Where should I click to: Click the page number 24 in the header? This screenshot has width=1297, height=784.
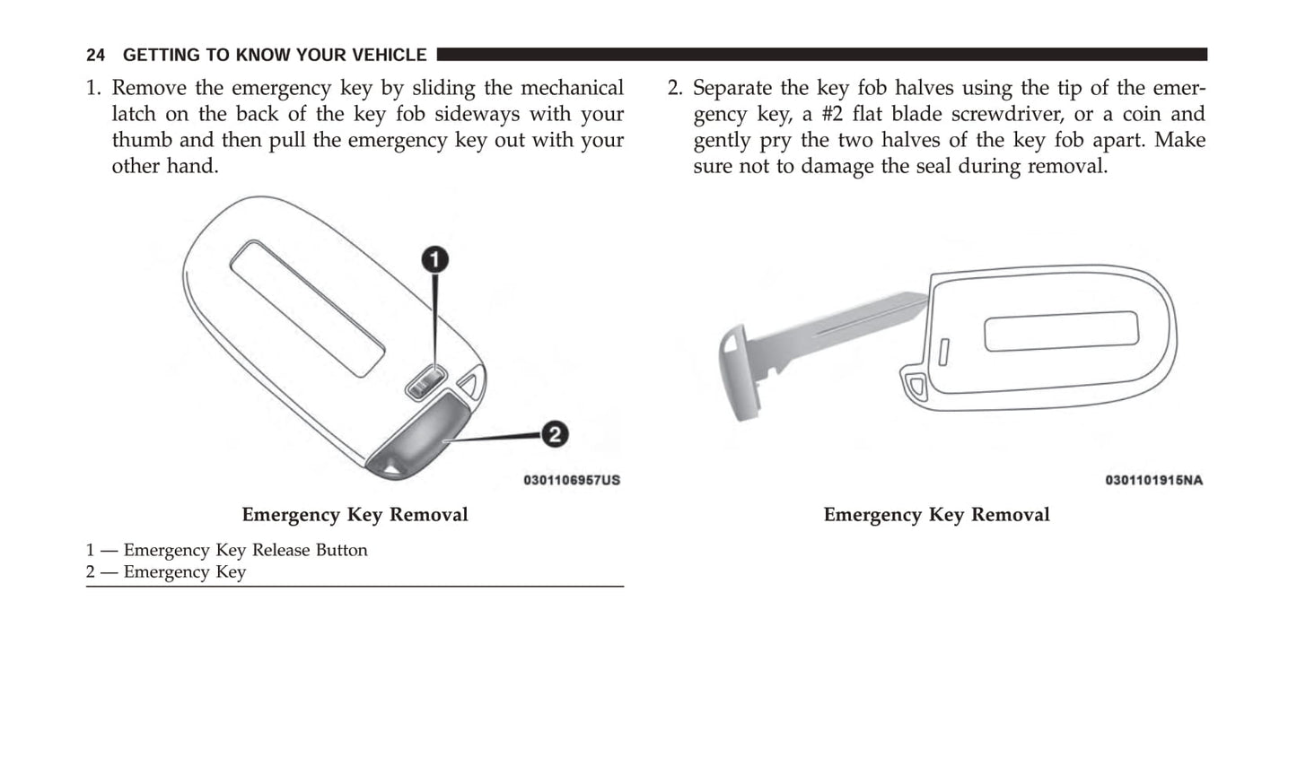pyautogui.click(x=95, y=55)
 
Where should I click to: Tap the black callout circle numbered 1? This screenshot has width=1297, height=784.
pyautogui.click(x=435, y=260)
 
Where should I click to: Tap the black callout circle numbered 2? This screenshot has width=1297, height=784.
pyautogui.click(x=555, y=435)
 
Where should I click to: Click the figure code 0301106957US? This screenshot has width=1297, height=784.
pyautogui.click(x=572, y=480)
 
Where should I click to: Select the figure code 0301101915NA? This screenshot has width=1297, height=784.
pyautogui.click(x=1153, y=480)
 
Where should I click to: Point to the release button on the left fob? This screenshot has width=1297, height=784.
pyautogui.click(x=425, y=384)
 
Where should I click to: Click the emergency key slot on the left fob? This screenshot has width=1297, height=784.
pyautogui.click(x=419, y=440)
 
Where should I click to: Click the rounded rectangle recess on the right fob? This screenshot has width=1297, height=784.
pyautogui.click(x=1061, y=331)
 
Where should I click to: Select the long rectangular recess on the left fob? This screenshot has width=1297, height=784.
pyautogui.click(x=307, y=307)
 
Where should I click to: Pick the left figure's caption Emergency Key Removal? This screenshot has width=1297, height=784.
pyautogui.click(x=355, y=515)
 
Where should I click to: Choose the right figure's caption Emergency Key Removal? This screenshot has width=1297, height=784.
pyautogui.click(x=936, y=515)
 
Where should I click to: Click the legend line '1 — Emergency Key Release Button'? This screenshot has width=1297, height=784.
pyautogui.click(x=227, y=550)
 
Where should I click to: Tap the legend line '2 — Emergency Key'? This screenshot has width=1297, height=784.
pyautogui.click(x=166, y=572)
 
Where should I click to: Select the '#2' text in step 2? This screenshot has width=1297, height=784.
pyautogui.click(x=834, y=114)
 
